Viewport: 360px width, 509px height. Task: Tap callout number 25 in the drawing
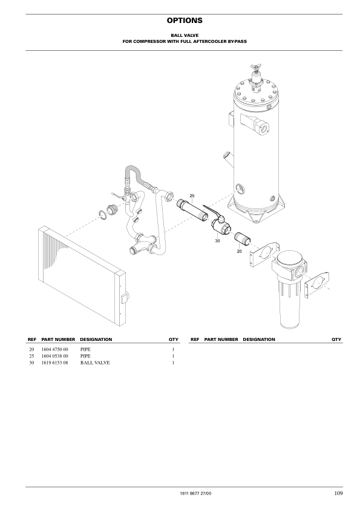pyautogui.click(x=192, y=195)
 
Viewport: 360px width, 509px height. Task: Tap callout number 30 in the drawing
pyautogui.click(x=217, y=241)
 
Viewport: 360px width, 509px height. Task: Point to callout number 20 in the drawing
pyautogui.click(x=239, y=250)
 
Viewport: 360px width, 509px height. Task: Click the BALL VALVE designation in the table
pyautogui.click(x=94, y=363)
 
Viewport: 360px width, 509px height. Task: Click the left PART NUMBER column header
pyautogui.click(x=58, y=340)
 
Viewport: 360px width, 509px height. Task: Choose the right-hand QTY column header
pyautogui.click(x=336, y=340)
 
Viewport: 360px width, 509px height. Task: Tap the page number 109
pyautogui.click(x=338, y=494)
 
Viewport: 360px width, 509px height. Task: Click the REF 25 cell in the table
pyautogui.click(x=31, y=357)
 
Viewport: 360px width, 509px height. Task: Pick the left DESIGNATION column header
pyautogui.click(x=96, y=340)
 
